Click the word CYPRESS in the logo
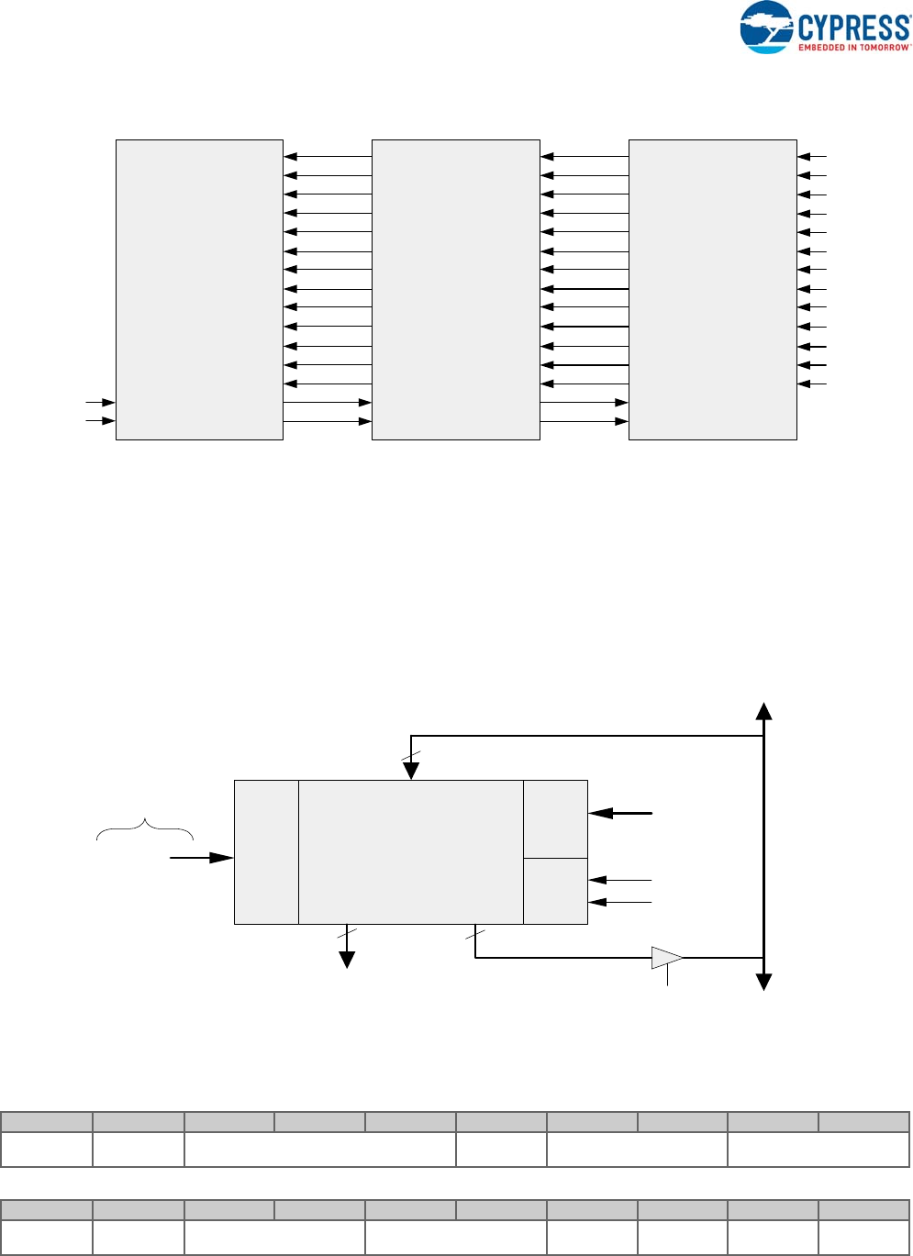[x=854, y=26]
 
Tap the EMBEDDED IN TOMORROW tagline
[x=853, y=47]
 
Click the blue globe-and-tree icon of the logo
[x=766, y=28]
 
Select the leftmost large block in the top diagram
[x=199, y=289]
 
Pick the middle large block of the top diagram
[x=455, y=289]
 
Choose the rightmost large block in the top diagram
[x=712, y=289]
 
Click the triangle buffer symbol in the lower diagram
[x=666, y=958]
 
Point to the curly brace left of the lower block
[x=145, y=828]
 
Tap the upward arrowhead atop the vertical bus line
[x=763, y=711]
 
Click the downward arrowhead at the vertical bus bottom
[x=763, y=982]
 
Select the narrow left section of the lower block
[x=266, y=851]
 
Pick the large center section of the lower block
[x=410, y=851]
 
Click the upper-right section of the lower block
[x=555, y=818]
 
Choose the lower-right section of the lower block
[x=555, y=891]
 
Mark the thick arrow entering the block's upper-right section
[x=620, y=813]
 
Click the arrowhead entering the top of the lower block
[x=411, y=771]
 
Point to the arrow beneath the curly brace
[x=202, y=858]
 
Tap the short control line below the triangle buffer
[x=667, y=977]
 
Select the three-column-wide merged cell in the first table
[x=319, y=1150]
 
